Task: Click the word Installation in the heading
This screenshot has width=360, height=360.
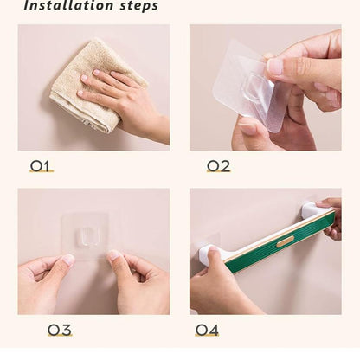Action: point(68,5)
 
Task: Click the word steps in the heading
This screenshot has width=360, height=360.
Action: point(139,6)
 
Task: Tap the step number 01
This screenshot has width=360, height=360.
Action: point(40,166)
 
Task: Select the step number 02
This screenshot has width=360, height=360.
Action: point(219,166)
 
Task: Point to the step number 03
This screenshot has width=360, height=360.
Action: point(60,330)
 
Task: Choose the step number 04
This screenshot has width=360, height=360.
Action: point(207,330)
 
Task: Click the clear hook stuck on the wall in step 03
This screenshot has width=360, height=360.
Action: point(85,235)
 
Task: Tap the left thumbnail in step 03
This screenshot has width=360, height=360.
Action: point(69,259)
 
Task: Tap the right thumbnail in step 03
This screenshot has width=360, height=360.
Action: point(114,255)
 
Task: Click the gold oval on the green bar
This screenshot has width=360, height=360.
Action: point(286,241)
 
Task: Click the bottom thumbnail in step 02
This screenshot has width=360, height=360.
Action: point(247,129)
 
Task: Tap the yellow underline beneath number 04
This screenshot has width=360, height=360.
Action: point(207,335)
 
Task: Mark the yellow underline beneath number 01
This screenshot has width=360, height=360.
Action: point(42,171)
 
